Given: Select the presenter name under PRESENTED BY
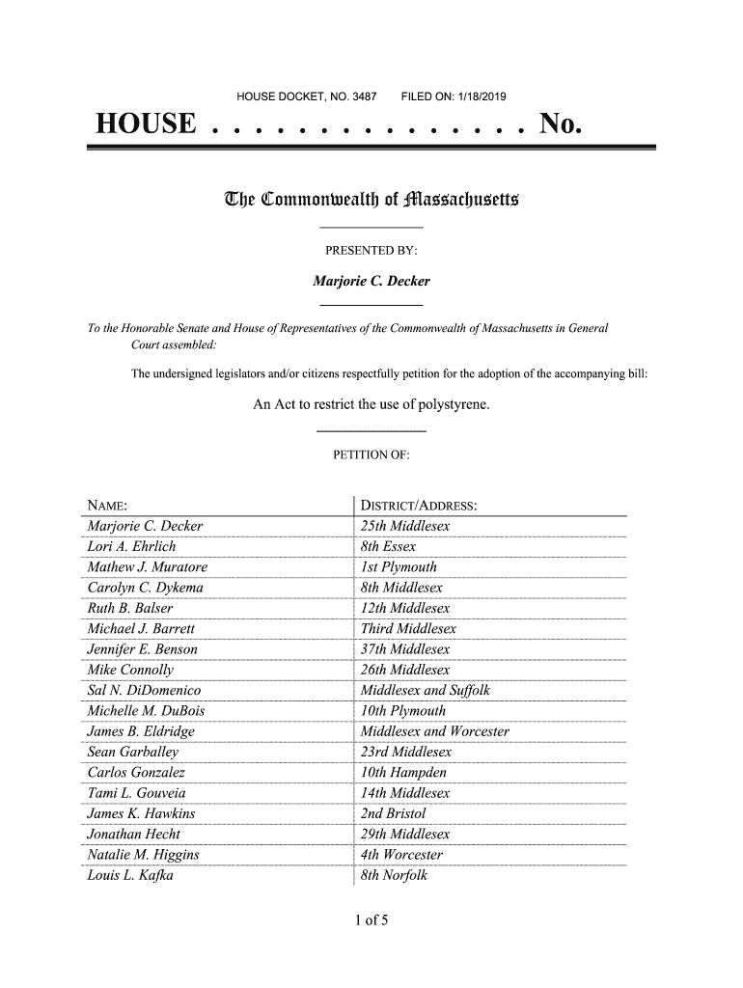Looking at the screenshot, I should pyautogui.click(x=371, y=282).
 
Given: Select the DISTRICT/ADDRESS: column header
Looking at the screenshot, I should pyautogui.click(x=420, y=507).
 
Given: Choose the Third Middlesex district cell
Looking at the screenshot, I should pyautogui.click(x=407, y=629).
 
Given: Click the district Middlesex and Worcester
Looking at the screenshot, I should pyautogui.click(x=434, y=731).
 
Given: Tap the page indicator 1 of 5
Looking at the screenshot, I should pyautogui.click(x=371, y=921).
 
